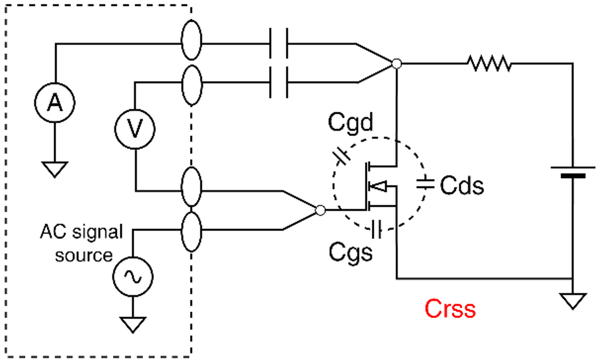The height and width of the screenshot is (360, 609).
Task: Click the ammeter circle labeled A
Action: (55, 102)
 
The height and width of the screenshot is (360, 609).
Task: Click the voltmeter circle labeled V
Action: (135, 129)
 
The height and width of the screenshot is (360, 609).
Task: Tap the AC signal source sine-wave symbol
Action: (133, 277)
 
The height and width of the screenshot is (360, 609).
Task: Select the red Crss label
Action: (450, 309)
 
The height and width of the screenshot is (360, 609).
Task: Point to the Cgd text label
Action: (350, 122)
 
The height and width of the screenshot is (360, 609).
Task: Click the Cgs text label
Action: (350, 252)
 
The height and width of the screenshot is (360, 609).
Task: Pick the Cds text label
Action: (462, 186)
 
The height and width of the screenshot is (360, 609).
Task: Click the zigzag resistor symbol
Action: (489, 64)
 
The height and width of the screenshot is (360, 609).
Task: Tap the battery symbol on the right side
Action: (573, 171)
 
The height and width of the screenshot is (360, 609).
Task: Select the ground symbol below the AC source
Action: (133, 324)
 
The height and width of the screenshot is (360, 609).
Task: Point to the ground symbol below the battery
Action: (573, 301)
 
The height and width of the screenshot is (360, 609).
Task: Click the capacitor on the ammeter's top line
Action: (279, 43)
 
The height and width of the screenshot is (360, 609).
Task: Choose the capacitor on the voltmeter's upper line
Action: (279, 82)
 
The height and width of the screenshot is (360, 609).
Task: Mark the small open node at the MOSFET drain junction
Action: (397, 64)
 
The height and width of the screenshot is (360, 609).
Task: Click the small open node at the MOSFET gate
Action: (321, 210)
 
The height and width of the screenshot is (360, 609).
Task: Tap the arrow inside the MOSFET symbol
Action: (378, 187)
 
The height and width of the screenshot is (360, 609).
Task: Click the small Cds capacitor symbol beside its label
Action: (425, 184)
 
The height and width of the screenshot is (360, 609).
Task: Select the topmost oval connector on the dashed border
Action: (191, 40)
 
